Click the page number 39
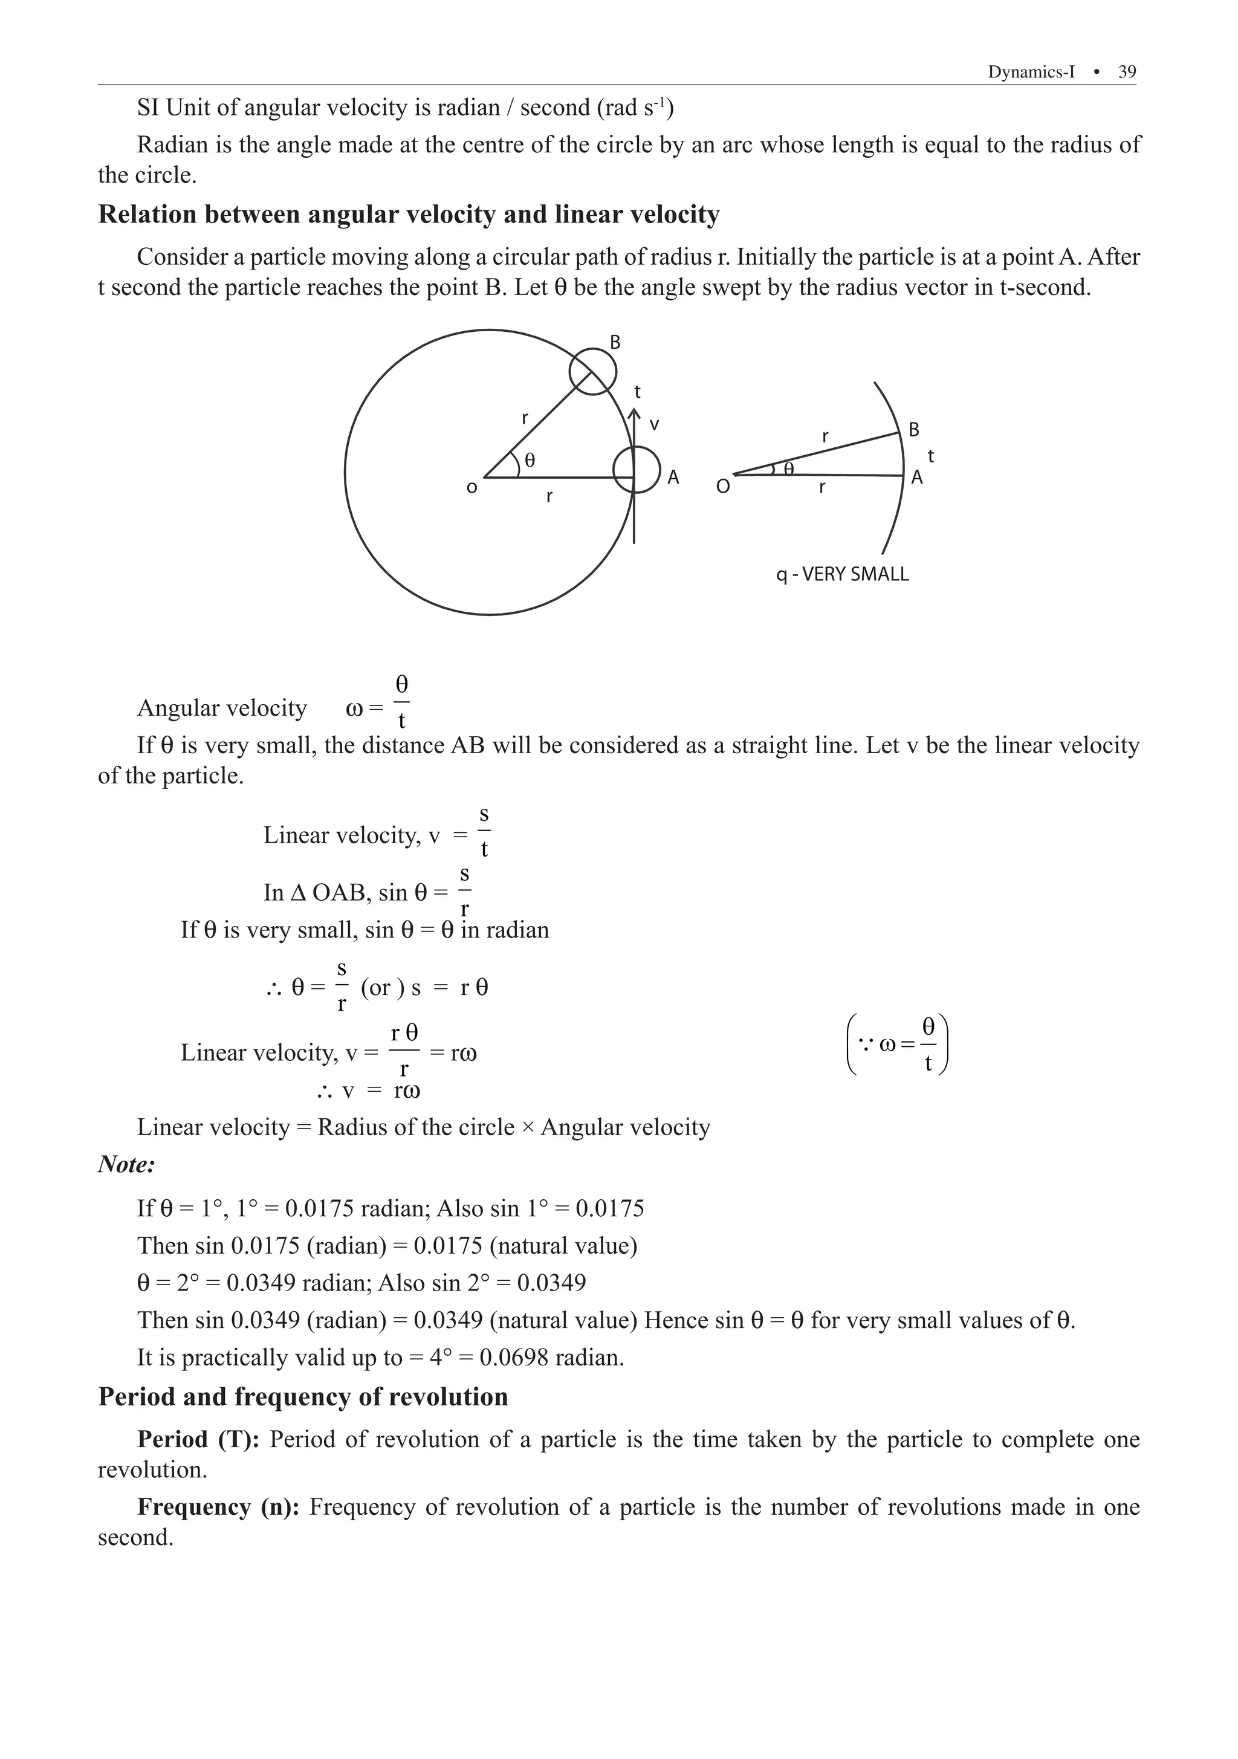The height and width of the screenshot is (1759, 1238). (x=1127, y=72)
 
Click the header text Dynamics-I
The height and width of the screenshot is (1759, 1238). (x=1031, y=72)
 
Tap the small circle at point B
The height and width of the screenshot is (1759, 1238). (x=592, y=372)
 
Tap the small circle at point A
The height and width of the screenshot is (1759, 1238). (x=637, y=470)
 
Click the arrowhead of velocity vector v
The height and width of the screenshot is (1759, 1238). (x=634, y=413)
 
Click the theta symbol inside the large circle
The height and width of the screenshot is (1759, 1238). (x=530, y=461)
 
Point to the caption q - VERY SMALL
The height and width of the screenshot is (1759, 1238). (x=842, y=574)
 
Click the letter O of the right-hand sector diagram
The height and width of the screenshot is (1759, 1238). (x=722, y=487)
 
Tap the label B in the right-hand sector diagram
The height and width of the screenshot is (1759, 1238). (x=914, y=430)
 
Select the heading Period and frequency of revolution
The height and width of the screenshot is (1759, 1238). (x=303, y=1397)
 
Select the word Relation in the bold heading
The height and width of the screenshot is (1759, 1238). (x=149, y=215)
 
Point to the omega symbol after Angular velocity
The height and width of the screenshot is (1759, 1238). (x=354, y=708)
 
